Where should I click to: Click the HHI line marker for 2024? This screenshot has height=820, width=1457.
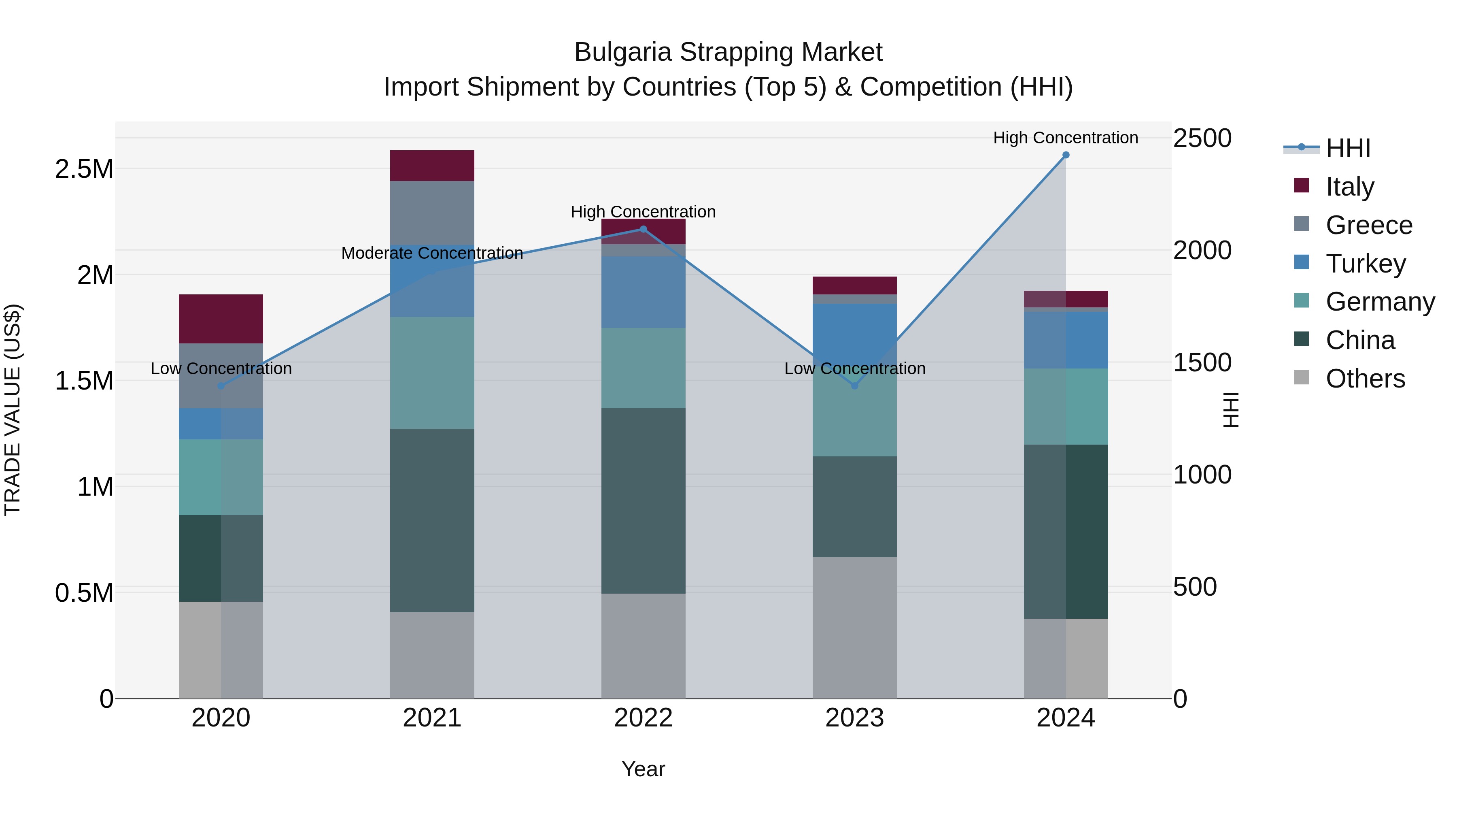click(x=1066, y=155)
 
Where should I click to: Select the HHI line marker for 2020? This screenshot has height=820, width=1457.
click(x=221, y=386)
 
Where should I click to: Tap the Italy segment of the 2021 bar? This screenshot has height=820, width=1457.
click(x=432, y=166)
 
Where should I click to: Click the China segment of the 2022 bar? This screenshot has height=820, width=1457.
click(x=643, y=501)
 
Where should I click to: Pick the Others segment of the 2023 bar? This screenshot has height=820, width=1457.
click(x=855, y=628)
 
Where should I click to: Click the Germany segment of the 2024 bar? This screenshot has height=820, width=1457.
click(x=1066, y=406)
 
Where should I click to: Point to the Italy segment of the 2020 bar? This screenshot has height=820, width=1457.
click(x=221, y=319)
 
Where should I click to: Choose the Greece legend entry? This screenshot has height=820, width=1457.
click(x=1369, y=225)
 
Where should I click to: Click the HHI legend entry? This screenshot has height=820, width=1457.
click(x=1348, y=148)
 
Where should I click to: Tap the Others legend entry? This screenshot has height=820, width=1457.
click(x=1365, y=379)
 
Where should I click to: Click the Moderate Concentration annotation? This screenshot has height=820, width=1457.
click(x=432, y=253)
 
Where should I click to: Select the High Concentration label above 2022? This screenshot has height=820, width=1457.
click(x=643, y=212)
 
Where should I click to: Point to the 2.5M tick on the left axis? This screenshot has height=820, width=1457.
click(x=84, y=168)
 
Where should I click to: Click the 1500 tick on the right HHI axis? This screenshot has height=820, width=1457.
click(x=1202, y=363)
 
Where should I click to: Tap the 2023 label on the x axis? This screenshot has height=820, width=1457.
click(x=855, y=718)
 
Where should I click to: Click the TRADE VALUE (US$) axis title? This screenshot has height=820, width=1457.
click(x=13, y=410)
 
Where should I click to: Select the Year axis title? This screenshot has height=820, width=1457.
click(x=643, y=769)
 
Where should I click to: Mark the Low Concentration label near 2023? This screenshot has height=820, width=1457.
click(x=855, y=368)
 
